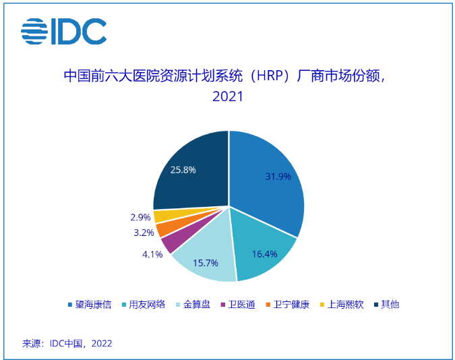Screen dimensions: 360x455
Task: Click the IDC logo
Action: point(63,30)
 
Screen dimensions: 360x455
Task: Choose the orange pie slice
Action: point(162,229)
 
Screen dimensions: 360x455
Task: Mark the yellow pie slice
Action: point(160,216)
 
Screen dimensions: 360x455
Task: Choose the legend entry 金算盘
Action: point(193,304)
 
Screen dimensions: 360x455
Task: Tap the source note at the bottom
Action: point(67,343)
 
